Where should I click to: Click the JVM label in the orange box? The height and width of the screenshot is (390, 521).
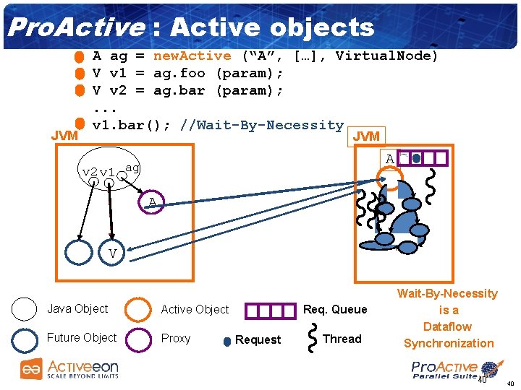point(365,136)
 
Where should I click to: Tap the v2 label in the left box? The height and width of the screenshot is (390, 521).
point(90,172)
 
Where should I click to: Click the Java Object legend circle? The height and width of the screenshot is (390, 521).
point(24,309)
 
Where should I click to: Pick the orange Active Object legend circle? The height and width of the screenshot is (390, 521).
point(137,310)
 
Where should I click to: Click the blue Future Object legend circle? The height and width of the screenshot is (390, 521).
point(24,338)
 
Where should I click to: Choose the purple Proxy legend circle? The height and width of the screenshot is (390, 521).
point(137,339)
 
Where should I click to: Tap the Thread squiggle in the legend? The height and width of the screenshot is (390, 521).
point(313,339)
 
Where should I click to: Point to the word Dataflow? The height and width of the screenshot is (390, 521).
point(447,326)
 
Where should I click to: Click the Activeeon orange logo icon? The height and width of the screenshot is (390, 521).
point(30,369)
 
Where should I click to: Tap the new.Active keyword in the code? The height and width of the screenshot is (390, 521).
point(192,56)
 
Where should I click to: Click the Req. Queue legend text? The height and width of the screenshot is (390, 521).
point(335,309)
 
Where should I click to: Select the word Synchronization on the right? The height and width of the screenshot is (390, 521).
point(449,343)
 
